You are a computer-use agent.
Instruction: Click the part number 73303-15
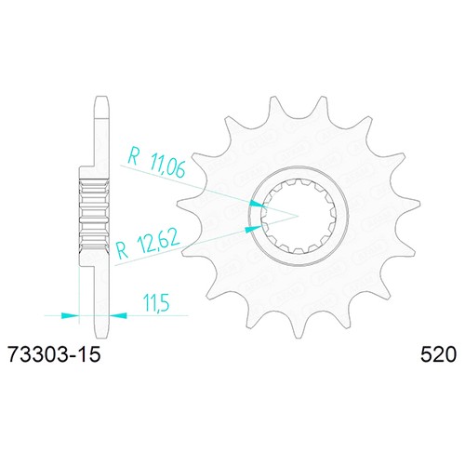pos(55,354)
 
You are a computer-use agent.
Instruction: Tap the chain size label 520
pos(438,354)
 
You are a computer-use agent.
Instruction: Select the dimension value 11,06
pos(167,167)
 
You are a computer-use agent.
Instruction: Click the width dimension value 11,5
pos(156,302)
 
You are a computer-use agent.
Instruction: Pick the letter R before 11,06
pos(134,156)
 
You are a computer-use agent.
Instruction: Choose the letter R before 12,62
pos(122,250)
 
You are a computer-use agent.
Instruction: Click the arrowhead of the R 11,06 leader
pos(257,205)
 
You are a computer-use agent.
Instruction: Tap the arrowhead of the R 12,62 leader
pos(253,229)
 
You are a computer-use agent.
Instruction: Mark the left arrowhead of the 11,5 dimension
pos(71,315)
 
